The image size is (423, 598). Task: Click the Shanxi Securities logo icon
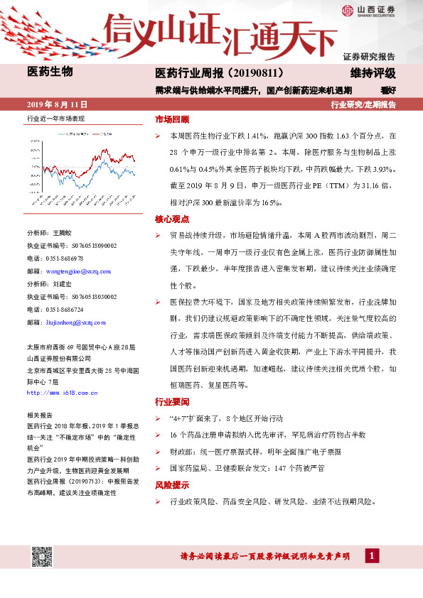pos(346,11)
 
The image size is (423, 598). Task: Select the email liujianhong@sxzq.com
pos(70,321)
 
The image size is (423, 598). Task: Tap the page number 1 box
pos(371,555)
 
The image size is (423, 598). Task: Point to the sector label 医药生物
pos(50,71)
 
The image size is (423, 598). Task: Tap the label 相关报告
pos(38,414)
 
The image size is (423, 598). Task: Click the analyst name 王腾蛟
pos(62,233)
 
